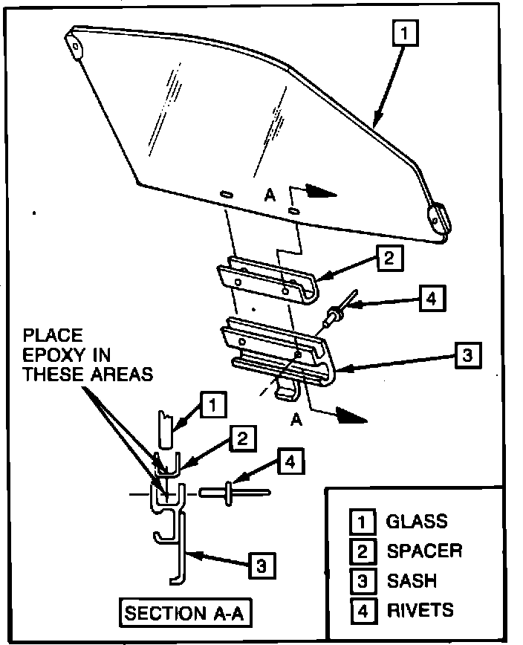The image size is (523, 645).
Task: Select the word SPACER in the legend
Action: click(x=424, y=551)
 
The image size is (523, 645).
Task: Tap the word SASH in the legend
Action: click(x=412, y=580)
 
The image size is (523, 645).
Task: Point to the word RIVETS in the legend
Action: click(x=420, y=611)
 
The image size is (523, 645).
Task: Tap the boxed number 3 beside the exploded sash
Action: click(x=467, y=354)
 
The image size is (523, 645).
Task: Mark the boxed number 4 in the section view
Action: click(x=290, y=463)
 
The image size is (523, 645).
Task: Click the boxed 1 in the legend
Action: click(x=362, y=521)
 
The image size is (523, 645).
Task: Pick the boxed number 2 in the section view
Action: click(x=241, y=438)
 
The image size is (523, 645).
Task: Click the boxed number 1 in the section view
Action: click(x=212, y=406)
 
